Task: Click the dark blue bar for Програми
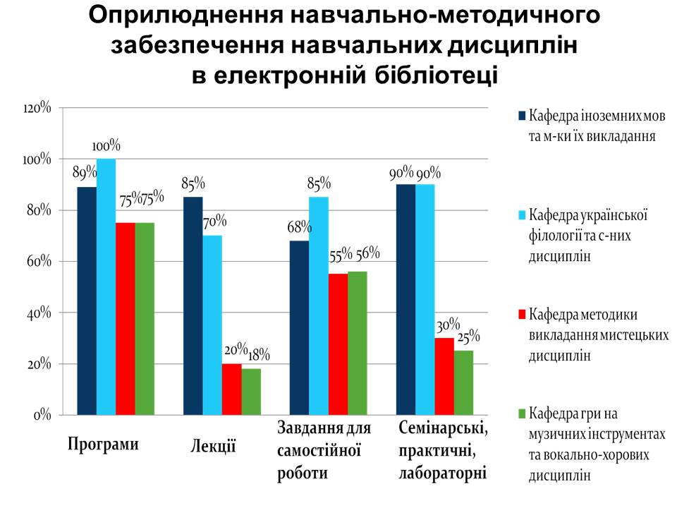[x=87, y=301]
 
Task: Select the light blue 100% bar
[x=106, y=286]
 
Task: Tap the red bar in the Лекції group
[x=231, y=389]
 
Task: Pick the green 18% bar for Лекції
[x=250, y=392]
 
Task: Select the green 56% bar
[x=358, y=343]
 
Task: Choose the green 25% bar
[x=463, y=382]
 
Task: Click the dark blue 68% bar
[x=299, y=327]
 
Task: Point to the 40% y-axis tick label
[x=39, y=313]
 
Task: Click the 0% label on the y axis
[x=43, y=416]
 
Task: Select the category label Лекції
[x=213, y=445]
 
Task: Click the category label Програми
[x=104, y=444]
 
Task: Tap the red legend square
[x=522, y=313]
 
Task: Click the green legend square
[x=522, y=412]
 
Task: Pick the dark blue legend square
[x=522, y=115]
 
